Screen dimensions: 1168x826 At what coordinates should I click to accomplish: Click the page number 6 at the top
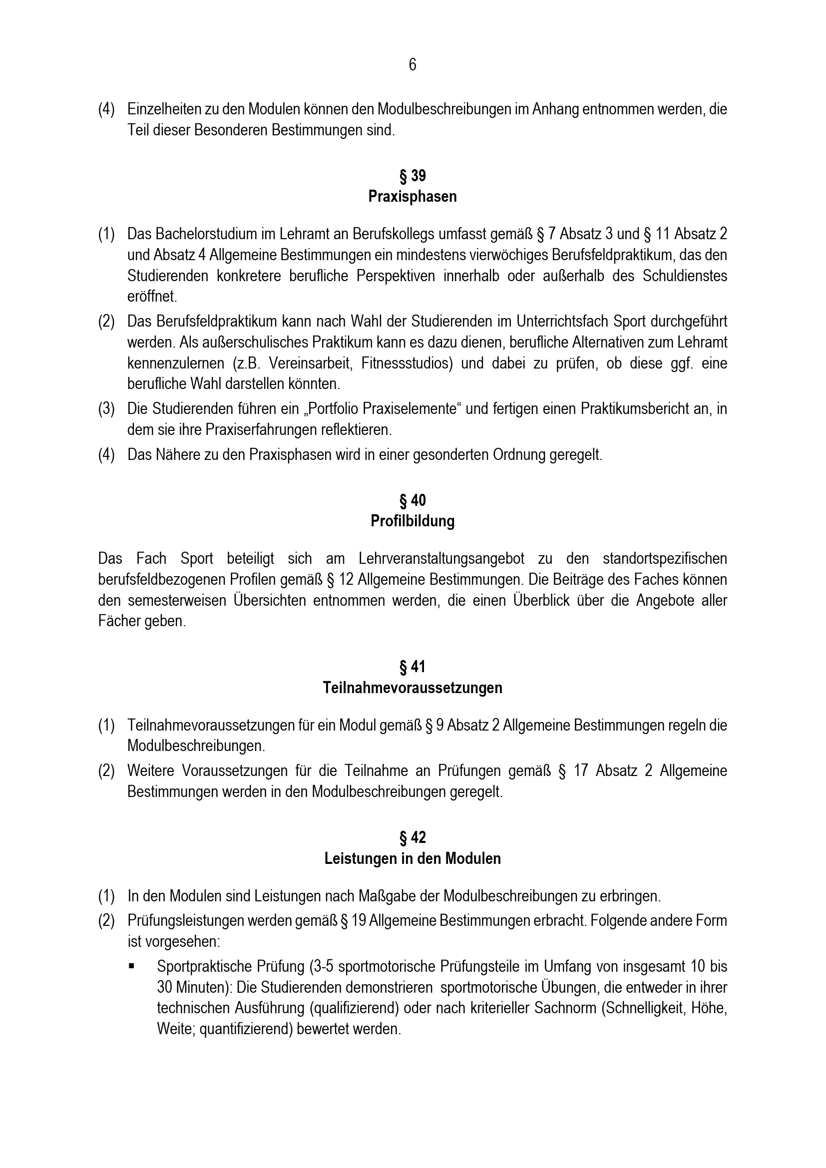pyautogui.click(x=413, y=65)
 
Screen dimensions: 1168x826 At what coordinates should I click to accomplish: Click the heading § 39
pyautogui.click(x=413, y=176)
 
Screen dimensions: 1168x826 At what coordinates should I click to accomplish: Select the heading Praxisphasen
pyautogui.click(x=413, y=197)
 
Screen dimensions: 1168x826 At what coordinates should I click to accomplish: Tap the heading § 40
pyautogui.click(x=413, y=500)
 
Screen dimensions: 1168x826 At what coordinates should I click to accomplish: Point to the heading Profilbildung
pyautogui.click(x=413, y=521)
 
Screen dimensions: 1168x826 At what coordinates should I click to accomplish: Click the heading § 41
pyautogui.click(x=413, y=667)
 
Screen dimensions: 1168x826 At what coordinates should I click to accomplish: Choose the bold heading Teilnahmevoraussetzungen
pyautogui.click(x=413, y=688)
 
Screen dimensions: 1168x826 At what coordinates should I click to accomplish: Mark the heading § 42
pyautogui.click(x=413, y=838)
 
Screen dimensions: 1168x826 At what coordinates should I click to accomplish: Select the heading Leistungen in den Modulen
pyautogui.click(x=413, y=859)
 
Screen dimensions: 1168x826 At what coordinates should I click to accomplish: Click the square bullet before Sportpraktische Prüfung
pyautogui.click(x=132, y=965)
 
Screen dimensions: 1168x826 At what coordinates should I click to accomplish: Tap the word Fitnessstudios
pyautogui.click(x=407, y=364)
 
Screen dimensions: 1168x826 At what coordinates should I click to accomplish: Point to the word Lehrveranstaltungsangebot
pyautogui.click(x=441, y=559)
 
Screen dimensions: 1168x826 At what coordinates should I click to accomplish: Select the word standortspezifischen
pyautogui.click(x=665, y=559)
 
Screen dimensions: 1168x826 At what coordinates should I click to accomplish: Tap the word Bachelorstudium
pyautogui.click(x=205, y=234)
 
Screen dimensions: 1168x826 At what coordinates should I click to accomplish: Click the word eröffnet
pyautogui.click(x=152, y=297)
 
